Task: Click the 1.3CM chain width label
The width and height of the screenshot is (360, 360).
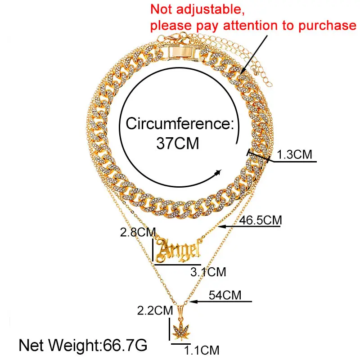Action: point(294,155)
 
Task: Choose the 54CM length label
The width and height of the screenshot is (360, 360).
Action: point(225,296)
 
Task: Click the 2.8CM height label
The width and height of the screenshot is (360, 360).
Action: point(137,233)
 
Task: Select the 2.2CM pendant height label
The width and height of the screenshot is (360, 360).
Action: point(156,310)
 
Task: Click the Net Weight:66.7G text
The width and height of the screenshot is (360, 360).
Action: point(83,346)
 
